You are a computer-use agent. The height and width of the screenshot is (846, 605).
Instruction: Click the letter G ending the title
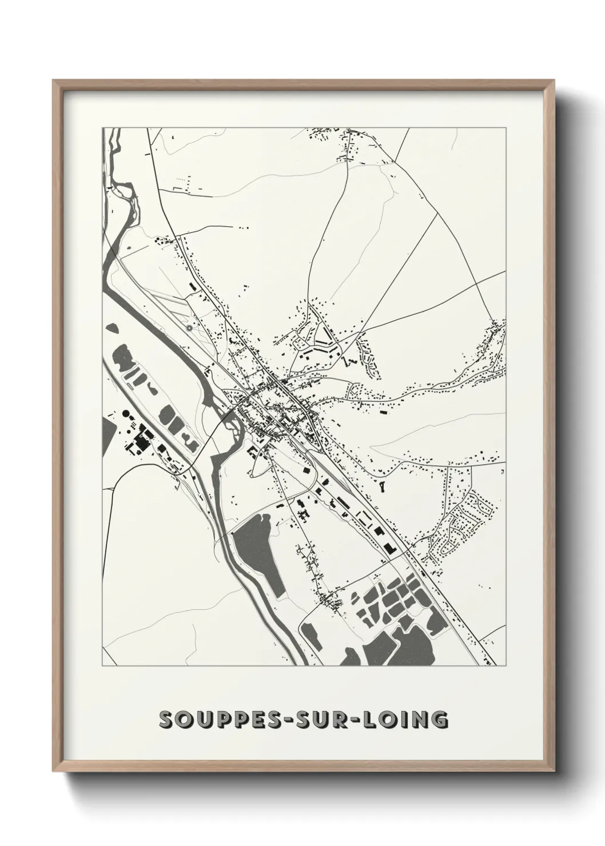439,720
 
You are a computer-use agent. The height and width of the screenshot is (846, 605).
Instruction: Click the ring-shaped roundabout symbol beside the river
189,328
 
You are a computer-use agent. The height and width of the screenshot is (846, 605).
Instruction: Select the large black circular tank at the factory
126,413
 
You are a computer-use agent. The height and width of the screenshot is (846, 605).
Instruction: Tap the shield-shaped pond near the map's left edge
112,329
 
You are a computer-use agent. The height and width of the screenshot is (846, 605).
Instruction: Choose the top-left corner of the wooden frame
53,81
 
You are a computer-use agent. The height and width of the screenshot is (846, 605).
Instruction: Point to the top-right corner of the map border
506,127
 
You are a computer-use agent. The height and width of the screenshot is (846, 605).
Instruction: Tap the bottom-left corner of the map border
102,666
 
